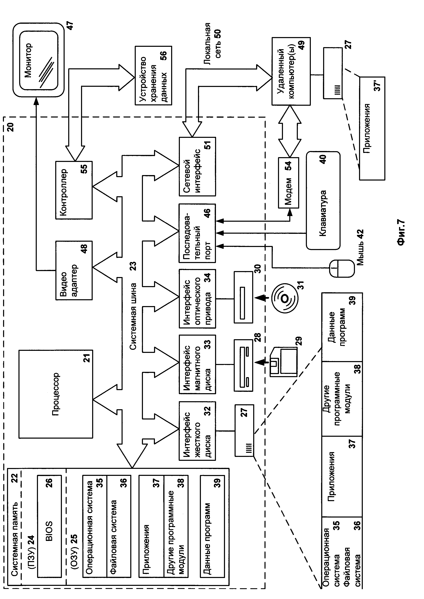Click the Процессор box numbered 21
point(56,394)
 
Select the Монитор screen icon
point(39,60)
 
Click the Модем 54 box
point(288,183)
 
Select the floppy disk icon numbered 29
point(283,362)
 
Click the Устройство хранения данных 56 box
point(153,76)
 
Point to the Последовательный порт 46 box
point(197,233)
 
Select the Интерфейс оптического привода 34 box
point(197,298)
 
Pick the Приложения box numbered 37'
point(372,128)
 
